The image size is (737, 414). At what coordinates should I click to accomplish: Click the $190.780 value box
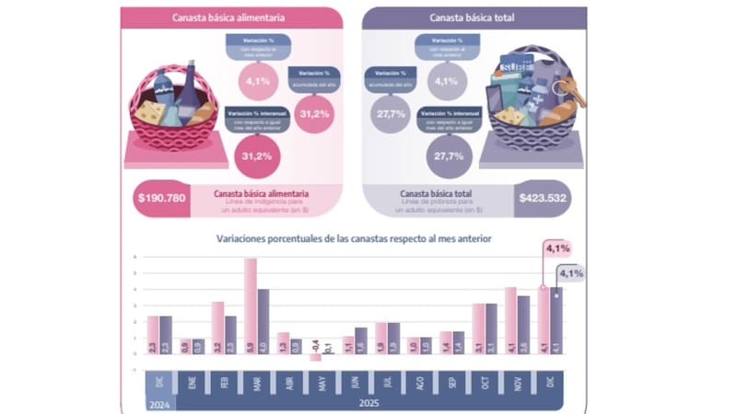tap(161, 198)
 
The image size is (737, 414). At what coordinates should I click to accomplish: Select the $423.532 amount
tap(541, 198)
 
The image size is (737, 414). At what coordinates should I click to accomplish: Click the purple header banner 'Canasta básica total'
tap(474, 17)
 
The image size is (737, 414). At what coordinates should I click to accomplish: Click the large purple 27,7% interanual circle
tap(445, 156)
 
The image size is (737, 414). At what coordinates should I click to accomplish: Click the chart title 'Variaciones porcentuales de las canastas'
tap(354, 238)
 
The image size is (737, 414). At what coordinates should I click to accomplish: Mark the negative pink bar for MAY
tap(315, 357)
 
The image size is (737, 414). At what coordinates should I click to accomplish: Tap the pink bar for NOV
tap(510, 320)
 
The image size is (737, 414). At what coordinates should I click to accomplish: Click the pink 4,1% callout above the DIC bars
tap(557, 248)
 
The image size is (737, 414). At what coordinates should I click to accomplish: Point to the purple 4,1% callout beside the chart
tap(570, 273)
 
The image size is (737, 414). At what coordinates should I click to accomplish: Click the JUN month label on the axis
tap(354, 383)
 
